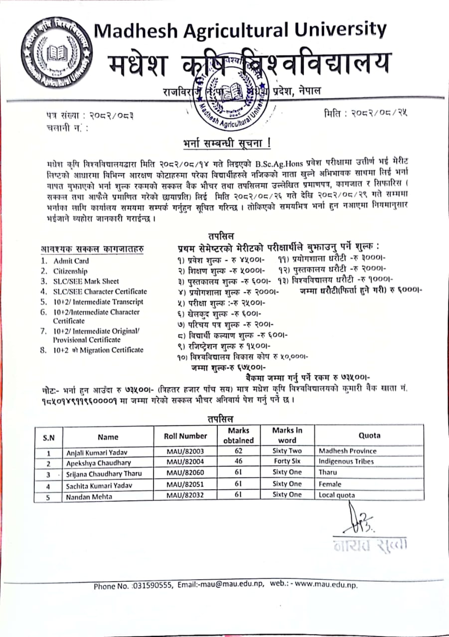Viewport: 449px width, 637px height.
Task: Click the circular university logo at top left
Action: pos(56,52)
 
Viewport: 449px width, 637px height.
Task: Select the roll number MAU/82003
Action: pos(185,451)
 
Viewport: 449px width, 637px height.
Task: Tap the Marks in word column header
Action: pos(287,435)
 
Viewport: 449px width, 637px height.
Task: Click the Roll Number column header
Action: pos(185,436)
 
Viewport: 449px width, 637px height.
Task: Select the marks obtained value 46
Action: pos(238,461)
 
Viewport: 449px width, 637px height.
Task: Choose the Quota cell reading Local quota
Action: pos(337,495)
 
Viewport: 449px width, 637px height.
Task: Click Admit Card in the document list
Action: pos(71,261)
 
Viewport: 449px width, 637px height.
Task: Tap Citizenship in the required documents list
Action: pos(70,271)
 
